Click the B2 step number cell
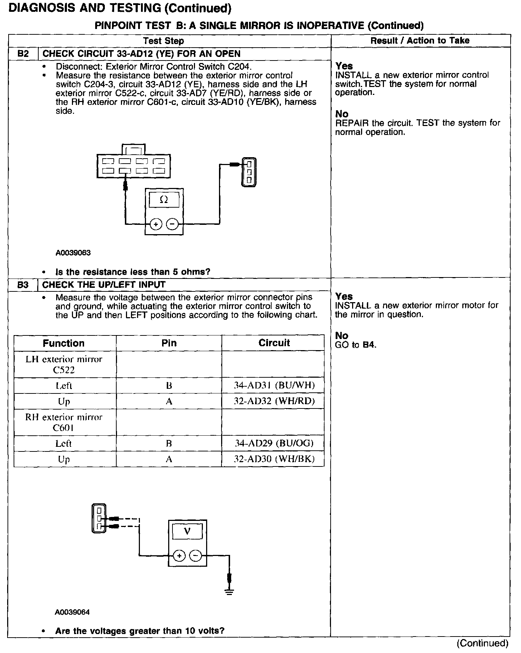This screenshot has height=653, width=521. click(23, 54)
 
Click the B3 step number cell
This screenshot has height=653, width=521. click(23, 285)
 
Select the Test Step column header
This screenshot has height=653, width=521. click(164, 41)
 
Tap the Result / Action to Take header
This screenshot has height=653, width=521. click(420, 40)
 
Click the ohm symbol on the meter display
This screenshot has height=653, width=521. click(164, 200)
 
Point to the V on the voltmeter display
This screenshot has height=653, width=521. click(187, 532)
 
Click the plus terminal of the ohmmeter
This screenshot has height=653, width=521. click(155, 224)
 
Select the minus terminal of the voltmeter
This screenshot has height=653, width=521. click(195, 556)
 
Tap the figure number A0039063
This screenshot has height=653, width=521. click(73, 253)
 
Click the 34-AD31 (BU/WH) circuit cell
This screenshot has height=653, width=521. click(274, 386)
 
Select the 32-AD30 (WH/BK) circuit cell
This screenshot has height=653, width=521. click(274, 459)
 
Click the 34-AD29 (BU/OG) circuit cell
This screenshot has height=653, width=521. click(274, 443)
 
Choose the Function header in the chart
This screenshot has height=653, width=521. click(64, 343)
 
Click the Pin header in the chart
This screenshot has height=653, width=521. click(169, 343)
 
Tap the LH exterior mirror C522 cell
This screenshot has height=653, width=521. click(64, 364)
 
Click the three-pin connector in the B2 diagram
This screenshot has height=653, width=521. click(249, 172)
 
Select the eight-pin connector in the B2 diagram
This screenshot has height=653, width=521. click(133, 165)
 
